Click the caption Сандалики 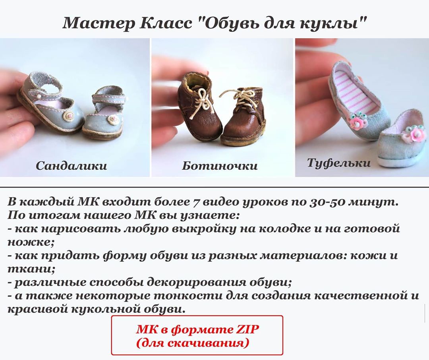(x=71, y=166)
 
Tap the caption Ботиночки (x=220, y=166)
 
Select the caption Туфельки (x=339, y=163)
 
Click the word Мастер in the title (x=99, y=23)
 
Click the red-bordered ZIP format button (x=197, y=335)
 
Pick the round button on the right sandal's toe (x=112, y=119)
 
